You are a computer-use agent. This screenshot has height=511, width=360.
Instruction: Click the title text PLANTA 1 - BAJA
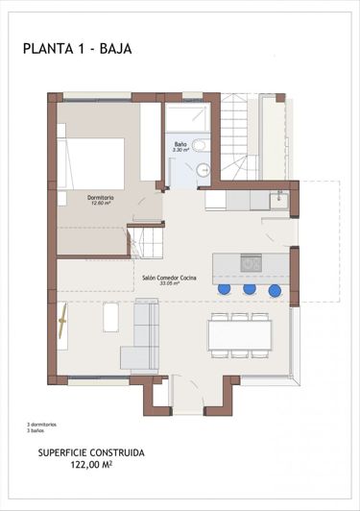point(77,47)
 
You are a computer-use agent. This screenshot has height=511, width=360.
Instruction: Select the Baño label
point(180,144)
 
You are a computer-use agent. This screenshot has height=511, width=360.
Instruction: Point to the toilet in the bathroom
point(199,145)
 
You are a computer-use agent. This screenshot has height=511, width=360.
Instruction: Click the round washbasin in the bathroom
point(204,169)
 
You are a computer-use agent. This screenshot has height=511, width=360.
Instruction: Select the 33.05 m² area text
point(169,283)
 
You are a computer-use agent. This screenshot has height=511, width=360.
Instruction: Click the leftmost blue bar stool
point(224,289)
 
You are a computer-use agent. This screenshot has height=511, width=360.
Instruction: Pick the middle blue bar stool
point(250,289)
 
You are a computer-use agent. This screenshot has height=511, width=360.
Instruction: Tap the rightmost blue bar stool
point(275,290)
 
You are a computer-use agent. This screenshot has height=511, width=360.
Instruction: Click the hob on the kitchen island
point(251,262)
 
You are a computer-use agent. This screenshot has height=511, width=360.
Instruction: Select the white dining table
point(240,334)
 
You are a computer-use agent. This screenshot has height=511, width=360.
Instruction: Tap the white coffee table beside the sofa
point(110,317)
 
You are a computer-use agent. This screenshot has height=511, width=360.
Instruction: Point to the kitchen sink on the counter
point(277,201)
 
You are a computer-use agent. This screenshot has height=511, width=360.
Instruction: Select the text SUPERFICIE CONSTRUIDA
point(91,451)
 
